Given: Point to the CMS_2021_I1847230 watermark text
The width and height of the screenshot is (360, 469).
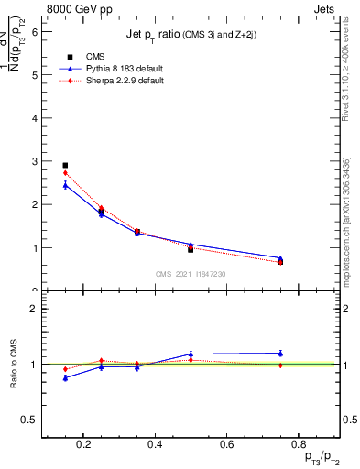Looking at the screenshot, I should point(191,274).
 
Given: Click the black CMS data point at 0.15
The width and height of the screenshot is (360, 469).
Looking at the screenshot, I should point(65,166).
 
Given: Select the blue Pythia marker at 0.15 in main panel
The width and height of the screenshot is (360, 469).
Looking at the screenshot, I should point(65,185).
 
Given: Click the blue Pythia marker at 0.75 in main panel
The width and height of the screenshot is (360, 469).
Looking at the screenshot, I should point(280,258).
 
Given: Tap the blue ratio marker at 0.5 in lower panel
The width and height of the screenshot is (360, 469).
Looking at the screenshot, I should point(191,354).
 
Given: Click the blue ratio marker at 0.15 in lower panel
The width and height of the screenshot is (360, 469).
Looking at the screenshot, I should point(65,377).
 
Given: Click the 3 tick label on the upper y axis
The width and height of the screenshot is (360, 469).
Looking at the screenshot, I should point(34,161).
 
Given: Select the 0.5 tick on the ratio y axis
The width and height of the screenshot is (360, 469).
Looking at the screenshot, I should point(29,420).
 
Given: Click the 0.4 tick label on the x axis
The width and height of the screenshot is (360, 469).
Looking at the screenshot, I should point(155,444).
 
